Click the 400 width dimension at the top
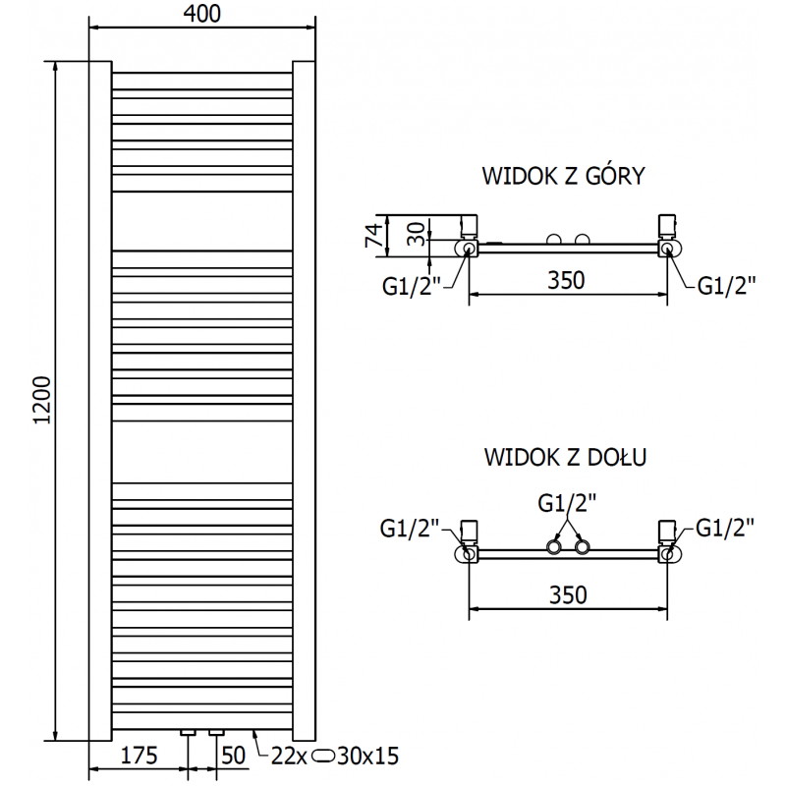(201, 14)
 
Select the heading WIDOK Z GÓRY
(562, 177)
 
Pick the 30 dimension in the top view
(416, 232)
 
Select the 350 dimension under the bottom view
(567, 594)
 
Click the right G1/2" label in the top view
(726, 286)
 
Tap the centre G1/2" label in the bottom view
(567, 503)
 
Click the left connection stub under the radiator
(188, 733)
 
